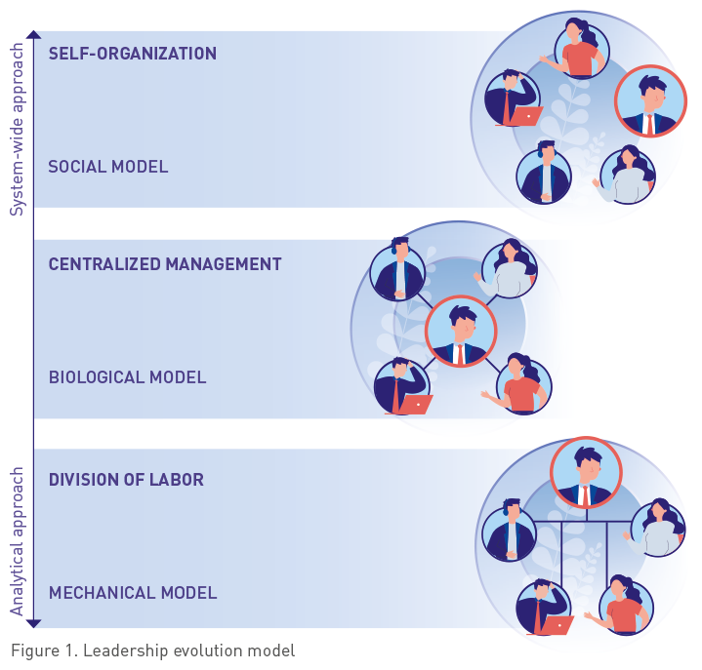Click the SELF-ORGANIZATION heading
(133, 54)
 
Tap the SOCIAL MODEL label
(108, 167)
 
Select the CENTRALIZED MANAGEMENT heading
(165, 264)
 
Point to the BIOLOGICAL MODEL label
(127, 377)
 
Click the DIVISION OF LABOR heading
(126, 480)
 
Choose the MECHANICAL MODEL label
(133, 593)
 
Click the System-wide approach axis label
(17, 128)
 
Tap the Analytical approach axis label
(17, 541)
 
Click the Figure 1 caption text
(152, 650)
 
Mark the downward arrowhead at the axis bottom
(33, 621)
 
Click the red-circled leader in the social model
(650, 101)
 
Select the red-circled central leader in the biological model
(461, 332)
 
